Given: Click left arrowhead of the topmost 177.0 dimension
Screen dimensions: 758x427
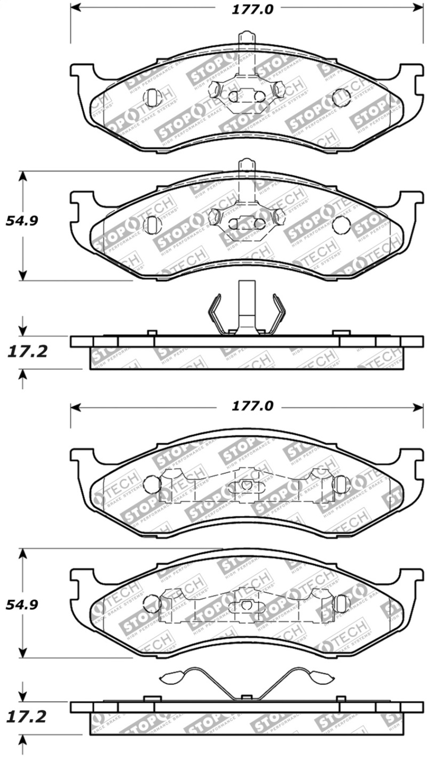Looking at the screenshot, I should pyautogui.click(x=75, y=8).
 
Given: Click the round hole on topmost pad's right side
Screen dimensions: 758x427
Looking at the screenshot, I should pyautogui.click(x=341, y=97).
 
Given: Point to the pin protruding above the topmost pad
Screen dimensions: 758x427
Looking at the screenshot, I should pyautogui.click(x=245, y=40).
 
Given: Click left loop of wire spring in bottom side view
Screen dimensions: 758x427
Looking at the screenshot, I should pyautogui.click(x=172, y=677).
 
